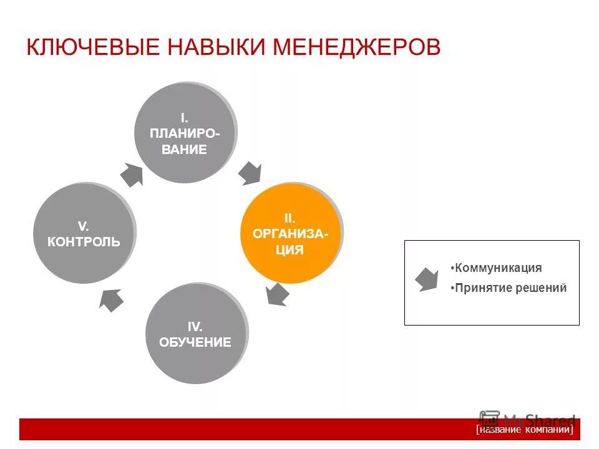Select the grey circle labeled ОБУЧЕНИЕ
click(x=195, y=334)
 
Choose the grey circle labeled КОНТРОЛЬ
click(x=84, y=233)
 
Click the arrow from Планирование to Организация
click(x=251, y=173)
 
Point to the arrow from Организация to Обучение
click(x=276, y=294)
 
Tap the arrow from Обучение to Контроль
click(x=110, y=300)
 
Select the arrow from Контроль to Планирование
click(x=131, y=175)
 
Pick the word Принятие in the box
click(x=477, y=288)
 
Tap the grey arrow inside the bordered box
click(x=427, y=279)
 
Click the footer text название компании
click(x=524, y=430)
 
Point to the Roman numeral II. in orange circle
click(x=290, y=218)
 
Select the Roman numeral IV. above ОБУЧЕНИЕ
click(x=195, y=326)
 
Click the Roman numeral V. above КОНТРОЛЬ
click(x=83, y=225)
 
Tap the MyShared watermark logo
click(x=527, y=419)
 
